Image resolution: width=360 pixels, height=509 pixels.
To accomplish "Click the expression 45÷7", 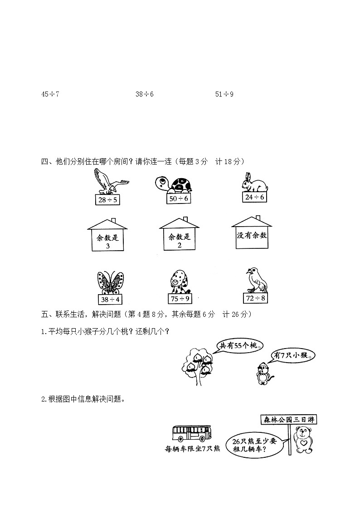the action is point(50,94).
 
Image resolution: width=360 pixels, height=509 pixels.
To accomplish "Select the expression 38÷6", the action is point(145,94).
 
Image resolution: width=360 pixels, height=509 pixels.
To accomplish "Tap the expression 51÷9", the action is point(224,94).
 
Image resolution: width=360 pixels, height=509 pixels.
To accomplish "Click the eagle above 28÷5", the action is point(109,182).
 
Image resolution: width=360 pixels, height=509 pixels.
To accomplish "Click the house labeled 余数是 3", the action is point(108,235).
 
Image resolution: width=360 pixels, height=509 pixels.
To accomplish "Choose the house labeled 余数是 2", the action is point(180,234).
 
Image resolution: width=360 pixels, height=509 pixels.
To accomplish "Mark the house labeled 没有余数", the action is point(252,233).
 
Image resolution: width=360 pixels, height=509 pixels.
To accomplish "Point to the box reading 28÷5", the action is point(107,200).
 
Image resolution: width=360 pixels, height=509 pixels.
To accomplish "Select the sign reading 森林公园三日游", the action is point(288,420).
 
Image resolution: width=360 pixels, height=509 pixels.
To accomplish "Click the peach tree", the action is point(198,363).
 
